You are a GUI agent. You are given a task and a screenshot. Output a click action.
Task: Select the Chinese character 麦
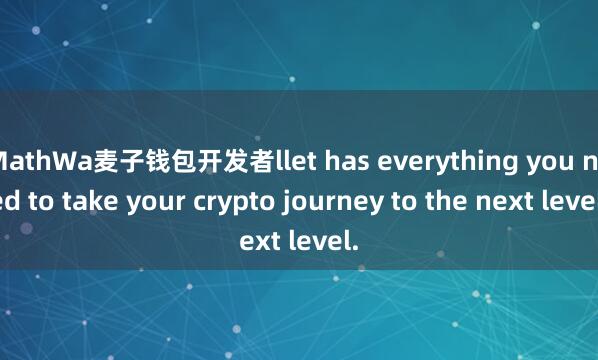pos(105,160)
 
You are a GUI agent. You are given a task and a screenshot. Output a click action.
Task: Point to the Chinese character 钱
pos(155,160)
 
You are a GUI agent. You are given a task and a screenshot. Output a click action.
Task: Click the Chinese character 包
pos(180,160)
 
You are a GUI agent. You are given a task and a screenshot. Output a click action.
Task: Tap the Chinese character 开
pos(205,160)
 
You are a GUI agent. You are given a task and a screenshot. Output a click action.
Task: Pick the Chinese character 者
pos(255,160)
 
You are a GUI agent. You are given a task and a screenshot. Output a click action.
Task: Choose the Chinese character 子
pos(130,160)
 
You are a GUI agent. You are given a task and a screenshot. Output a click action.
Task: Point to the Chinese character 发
pos(230,160)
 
